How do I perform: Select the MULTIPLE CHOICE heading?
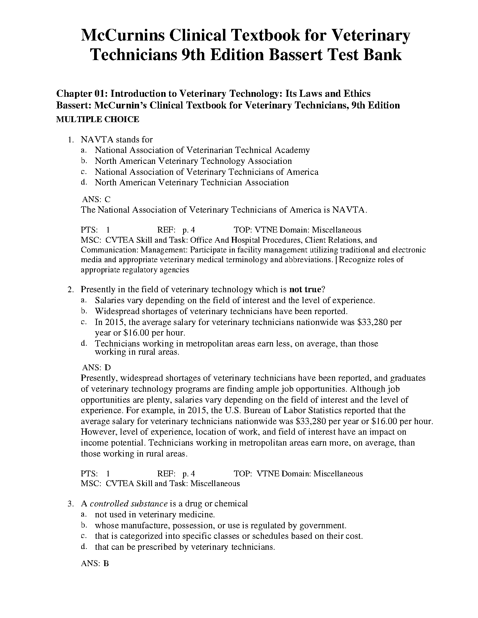click(98, 120)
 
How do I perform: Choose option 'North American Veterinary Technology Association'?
click(193, 161)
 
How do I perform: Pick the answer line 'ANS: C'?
click(96, 199)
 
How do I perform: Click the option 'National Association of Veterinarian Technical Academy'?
click(202, 150)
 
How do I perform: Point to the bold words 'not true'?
click(305, 289)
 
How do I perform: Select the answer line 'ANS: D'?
click(96, 368)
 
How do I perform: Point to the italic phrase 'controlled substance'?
click(128, 504)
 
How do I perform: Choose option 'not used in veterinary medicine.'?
click(155, 515)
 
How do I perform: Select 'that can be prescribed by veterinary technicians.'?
click(185, 547)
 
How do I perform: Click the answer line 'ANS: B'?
click(95, 564)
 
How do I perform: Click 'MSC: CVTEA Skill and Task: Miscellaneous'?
click(160, 484)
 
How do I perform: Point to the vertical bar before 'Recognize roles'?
click(337, 260)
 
